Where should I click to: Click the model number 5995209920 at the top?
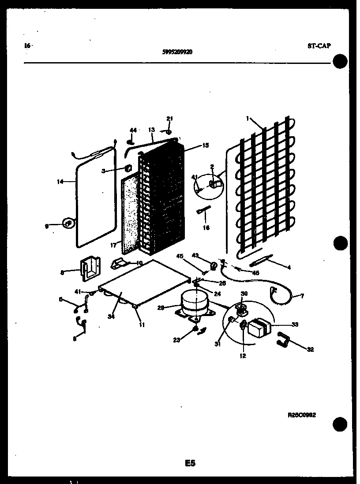pos(177,51)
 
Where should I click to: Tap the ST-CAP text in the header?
pos(319,45)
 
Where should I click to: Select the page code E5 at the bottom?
pos(190,463)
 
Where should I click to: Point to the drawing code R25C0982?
pos(302,415)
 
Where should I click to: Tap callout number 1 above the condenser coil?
pos(248,118)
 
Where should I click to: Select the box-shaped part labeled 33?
pos(259,328)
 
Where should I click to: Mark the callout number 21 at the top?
pos(170,119)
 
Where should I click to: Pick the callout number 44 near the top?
pos(133,130)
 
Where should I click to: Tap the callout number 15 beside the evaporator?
pos(205,145)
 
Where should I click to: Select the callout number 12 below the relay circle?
pos(243,356)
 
